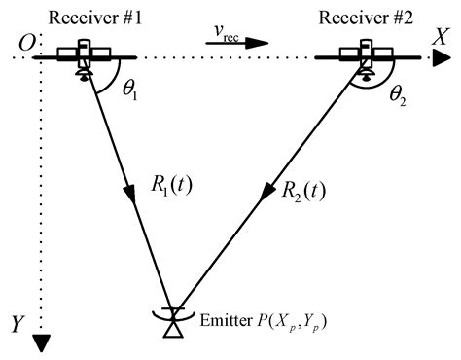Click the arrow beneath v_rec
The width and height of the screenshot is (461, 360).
pyautogui.click(x=241, y=43)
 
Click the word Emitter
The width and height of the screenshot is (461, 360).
pyautogui.click(x=221, y=320)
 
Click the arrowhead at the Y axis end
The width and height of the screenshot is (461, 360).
pyautogui.click(x=41, y=342)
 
